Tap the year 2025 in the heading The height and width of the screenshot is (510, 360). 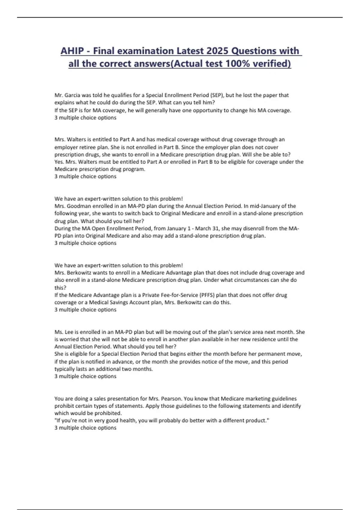point(214,51)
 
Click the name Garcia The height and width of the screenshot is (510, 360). point(72,95)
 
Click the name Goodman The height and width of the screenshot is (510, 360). point(79,206)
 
